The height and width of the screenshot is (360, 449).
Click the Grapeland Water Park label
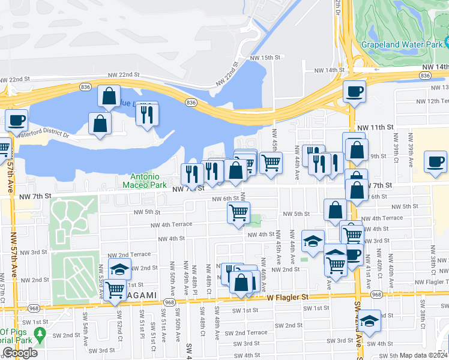click(402, 45)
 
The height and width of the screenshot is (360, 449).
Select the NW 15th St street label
click(265, 58)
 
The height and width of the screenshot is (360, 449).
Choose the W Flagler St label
click(288, 297)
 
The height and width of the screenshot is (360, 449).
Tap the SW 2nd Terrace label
click(246, 332)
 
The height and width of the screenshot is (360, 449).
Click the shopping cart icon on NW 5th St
click(238, 212)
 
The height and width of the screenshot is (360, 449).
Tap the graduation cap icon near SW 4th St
click(370, 320)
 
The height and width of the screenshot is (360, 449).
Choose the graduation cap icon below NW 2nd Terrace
click(120, 269)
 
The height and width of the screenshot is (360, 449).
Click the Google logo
click(20, 353)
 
